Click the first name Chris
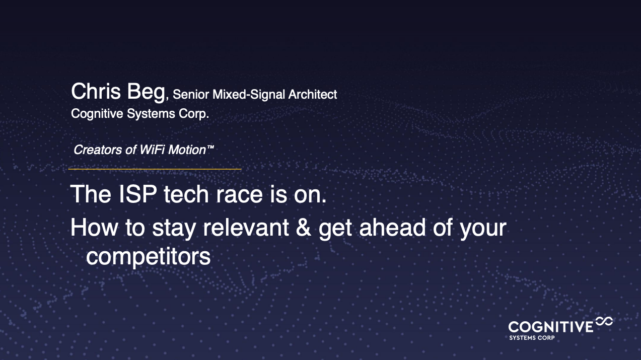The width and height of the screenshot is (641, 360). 96,91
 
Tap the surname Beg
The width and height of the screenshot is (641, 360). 146,92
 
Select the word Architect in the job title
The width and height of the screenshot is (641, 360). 313,95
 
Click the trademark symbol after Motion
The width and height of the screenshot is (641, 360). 210,147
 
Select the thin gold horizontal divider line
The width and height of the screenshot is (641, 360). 155,169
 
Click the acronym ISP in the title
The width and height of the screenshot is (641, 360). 137,194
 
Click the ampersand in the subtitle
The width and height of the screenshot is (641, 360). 303,227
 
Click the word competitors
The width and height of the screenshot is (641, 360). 148,256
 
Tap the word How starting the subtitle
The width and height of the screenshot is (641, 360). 94,227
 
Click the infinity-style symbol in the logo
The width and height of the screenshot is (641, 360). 604,321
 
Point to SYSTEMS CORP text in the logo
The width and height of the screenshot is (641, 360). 532,338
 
